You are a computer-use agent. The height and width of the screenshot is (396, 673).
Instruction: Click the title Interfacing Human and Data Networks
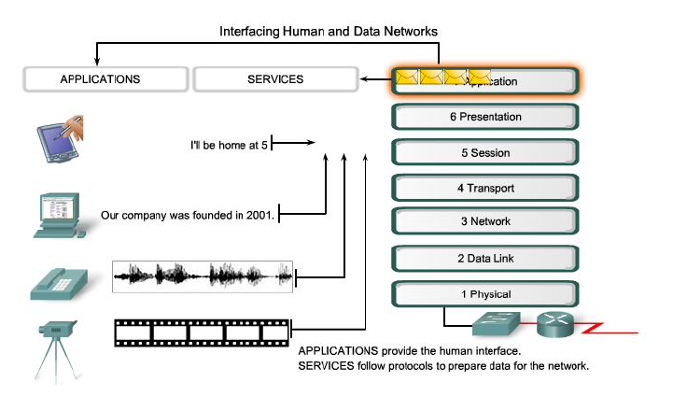329,31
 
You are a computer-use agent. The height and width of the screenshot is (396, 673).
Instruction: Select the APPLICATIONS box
101,79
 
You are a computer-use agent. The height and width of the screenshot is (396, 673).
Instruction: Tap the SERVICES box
275,79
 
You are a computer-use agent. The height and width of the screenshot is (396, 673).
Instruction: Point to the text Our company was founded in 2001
187,216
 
